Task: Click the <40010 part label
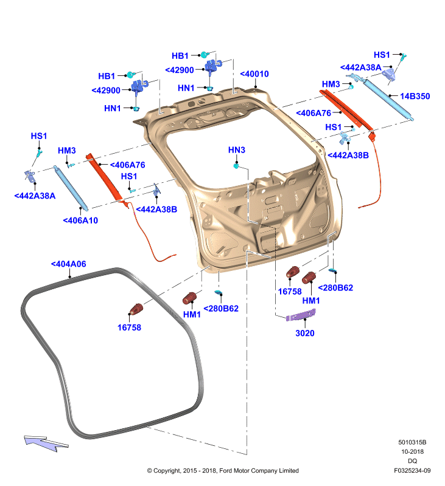point(254,74)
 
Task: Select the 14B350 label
point(415,97)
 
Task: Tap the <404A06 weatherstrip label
point(68,264)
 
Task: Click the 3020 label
point(304,333)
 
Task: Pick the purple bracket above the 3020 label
point(301,315)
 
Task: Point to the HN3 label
point(237,150)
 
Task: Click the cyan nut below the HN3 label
point(236,166)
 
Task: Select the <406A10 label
point(80,221)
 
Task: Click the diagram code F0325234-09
point(412,470)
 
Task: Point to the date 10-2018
point(412,451)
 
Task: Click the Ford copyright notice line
point(223,470)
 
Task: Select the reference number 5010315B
point(412,442)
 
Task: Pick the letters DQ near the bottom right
point(412,461)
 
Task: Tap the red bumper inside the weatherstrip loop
point(136,309)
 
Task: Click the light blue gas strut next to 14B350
point(388,99)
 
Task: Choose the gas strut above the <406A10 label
point(71,188)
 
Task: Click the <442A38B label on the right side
point(348,156)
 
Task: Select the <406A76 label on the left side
point(127,165)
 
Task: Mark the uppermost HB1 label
point(180,56)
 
